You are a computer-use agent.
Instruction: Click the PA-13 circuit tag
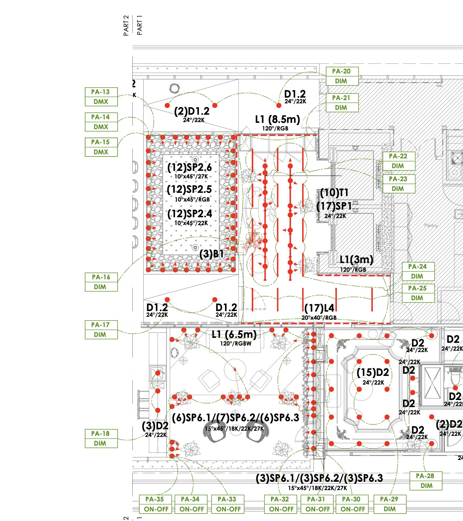pyautogui.click(x=101, y=92)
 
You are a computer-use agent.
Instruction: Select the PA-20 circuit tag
pyautogui.click(x=342, y=71)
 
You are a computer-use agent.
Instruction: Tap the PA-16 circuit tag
pyautogui.click(x=101, y=277)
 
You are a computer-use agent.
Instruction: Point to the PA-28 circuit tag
pyautogui.click(x=425, y=476)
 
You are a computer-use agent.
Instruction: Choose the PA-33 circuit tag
pyautogui.click(x=227, y=499)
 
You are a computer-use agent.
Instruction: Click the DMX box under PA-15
pyautogui.click(x=101, y=152)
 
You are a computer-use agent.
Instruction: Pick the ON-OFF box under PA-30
pyautogui.click(x=352, y=509)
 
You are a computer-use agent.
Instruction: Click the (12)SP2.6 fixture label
pyautogui.click(x=189, y=167)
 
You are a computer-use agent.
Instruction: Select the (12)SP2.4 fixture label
pyautogui.click(x=190, y=214)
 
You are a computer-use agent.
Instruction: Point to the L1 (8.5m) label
pyautogui.click(x=277, y=119)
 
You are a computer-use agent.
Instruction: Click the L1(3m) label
pyautogui.click(x=356, y=260)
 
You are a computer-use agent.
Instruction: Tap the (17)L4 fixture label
pyautogui.click(x=319, y=308)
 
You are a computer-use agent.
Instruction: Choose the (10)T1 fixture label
pyautogui.click(x=334, y=193)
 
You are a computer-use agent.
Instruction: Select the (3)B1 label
pyautogui.click(x=212, y=254)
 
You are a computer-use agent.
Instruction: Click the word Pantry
pyautogui.click(x=431, y=225)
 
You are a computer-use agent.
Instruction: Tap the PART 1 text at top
pyautogui.click(x=140, y=25)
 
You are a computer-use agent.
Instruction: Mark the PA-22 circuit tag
pyautogui.click(x=398, y=156)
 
